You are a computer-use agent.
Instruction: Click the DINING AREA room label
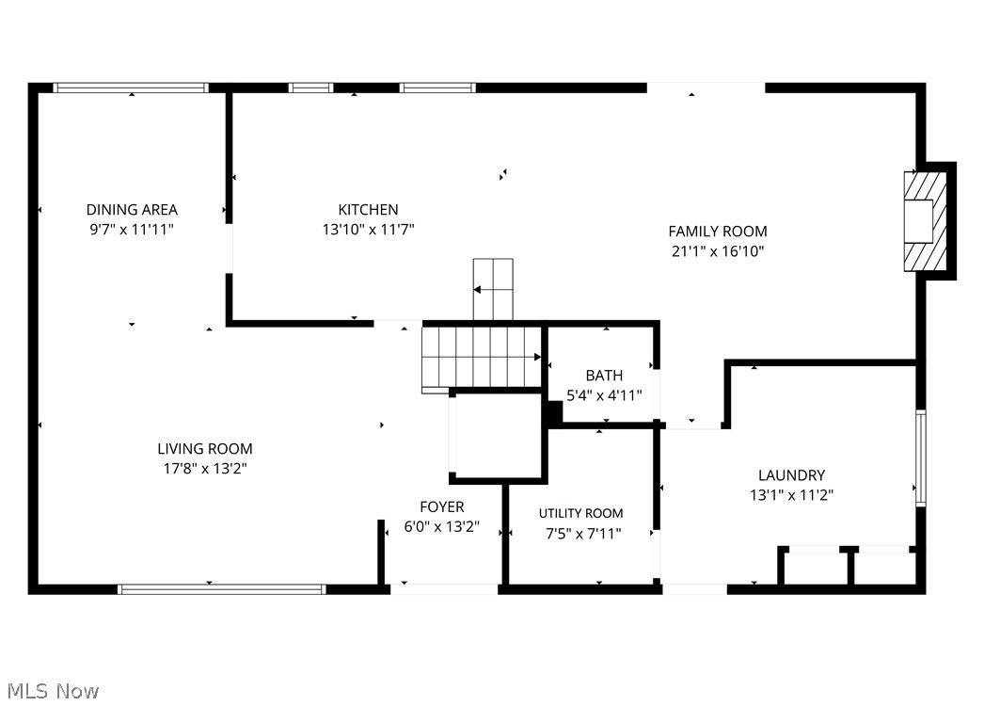point(132,210)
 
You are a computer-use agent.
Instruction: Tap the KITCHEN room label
point(368,210)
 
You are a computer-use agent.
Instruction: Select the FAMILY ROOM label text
point(717,232)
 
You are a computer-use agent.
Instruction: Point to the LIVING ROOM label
point(204,449)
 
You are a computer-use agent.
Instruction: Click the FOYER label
point(441,507)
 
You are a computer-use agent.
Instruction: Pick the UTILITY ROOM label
point(580,513)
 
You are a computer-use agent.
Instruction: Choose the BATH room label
point(604,376)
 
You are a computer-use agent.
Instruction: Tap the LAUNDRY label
point(791,475)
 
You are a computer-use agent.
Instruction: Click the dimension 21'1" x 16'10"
point(717,251)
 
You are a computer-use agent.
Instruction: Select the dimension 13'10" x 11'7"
point(368,229)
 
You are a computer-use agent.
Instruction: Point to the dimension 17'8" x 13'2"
point(204,468)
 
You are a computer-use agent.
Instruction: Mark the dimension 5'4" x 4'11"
point(604,395)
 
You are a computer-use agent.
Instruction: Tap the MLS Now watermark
point(50,691)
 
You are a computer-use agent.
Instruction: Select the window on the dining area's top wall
point(131,88)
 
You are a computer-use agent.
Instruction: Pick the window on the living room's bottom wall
point(221,589)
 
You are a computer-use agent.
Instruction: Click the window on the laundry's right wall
point(921,458)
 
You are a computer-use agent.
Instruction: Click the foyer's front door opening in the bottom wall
point(444,589)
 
